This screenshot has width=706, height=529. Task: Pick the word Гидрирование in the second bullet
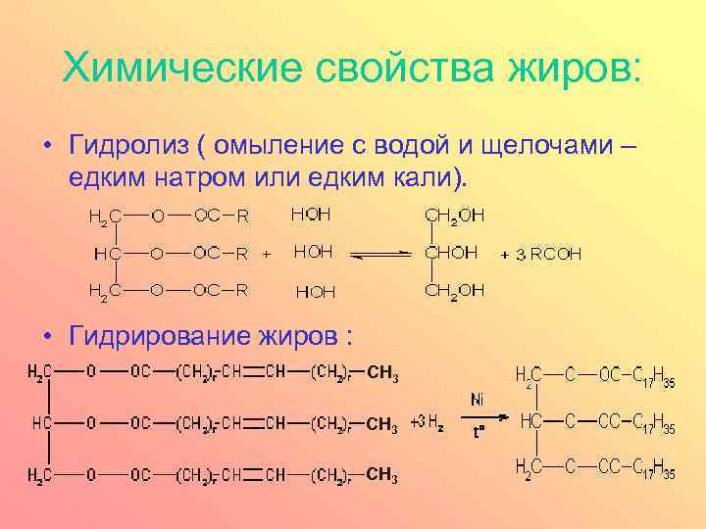point(165,335)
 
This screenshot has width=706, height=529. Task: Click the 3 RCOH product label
point(549,255)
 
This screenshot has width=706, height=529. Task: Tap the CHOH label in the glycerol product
point(450,253)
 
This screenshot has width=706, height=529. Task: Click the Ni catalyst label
point(477,399)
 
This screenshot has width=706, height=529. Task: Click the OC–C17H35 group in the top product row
point(636,375)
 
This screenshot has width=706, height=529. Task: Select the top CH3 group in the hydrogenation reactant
point(381,372)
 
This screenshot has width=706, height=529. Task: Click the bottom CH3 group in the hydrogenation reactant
point(381,476)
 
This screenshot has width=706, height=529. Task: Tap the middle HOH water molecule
point(313,253)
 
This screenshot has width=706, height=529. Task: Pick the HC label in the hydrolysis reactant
point(108,254)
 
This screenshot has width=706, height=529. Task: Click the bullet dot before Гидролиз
point(46,148)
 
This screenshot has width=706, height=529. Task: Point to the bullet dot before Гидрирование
point(46,336)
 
